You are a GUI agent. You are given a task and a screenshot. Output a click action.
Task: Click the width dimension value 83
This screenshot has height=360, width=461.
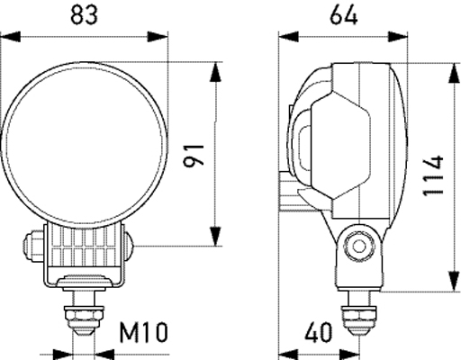click(86, 14)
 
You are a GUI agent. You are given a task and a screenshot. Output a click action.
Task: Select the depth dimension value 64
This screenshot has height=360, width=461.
click(344, 14)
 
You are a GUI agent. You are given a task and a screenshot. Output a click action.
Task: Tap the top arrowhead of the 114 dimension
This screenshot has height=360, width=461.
click(453, 69)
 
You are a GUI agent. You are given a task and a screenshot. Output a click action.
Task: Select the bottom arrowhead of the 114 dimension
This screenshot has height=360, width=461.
click(453, 284)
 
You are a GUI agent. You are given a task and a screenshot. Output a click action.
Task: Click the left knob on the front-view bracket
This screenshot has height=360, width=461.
click(30, 244)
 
